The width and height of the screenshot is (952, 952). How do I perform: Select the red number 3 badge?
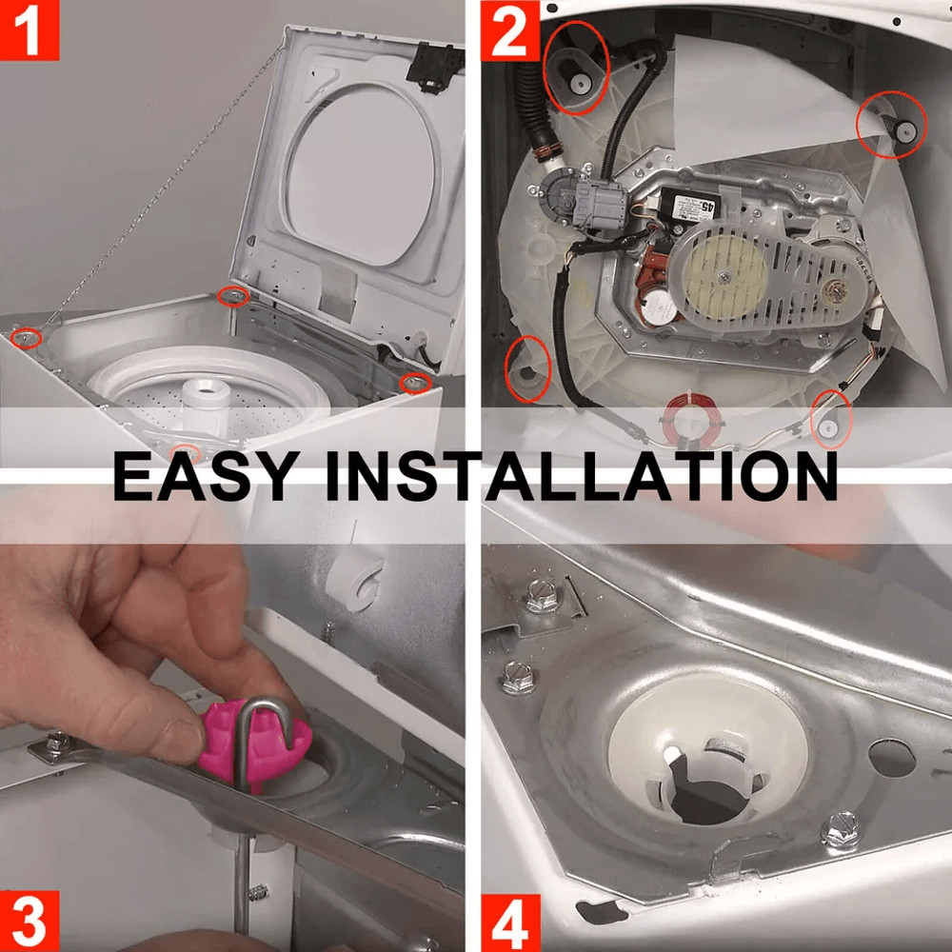30,922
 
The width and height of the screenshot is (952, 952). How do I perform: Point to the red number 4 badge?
510,922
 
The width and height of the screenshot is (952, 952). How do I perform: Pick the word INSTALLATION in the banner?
581,475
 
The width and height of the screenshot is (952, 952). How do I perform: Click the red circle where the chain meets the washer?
26,336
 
